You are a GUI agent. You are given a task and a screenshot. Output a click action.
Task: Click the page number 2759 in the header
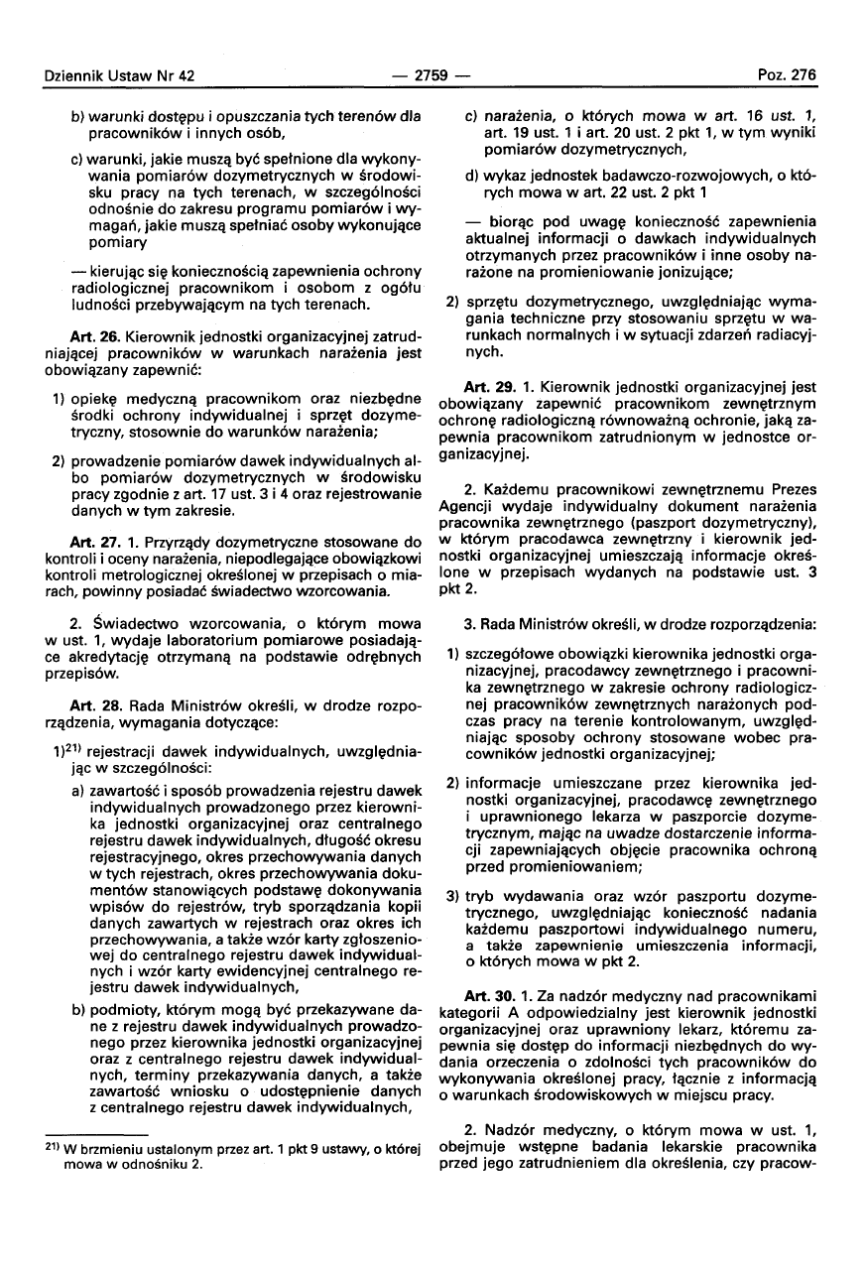tap(432, 74)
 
